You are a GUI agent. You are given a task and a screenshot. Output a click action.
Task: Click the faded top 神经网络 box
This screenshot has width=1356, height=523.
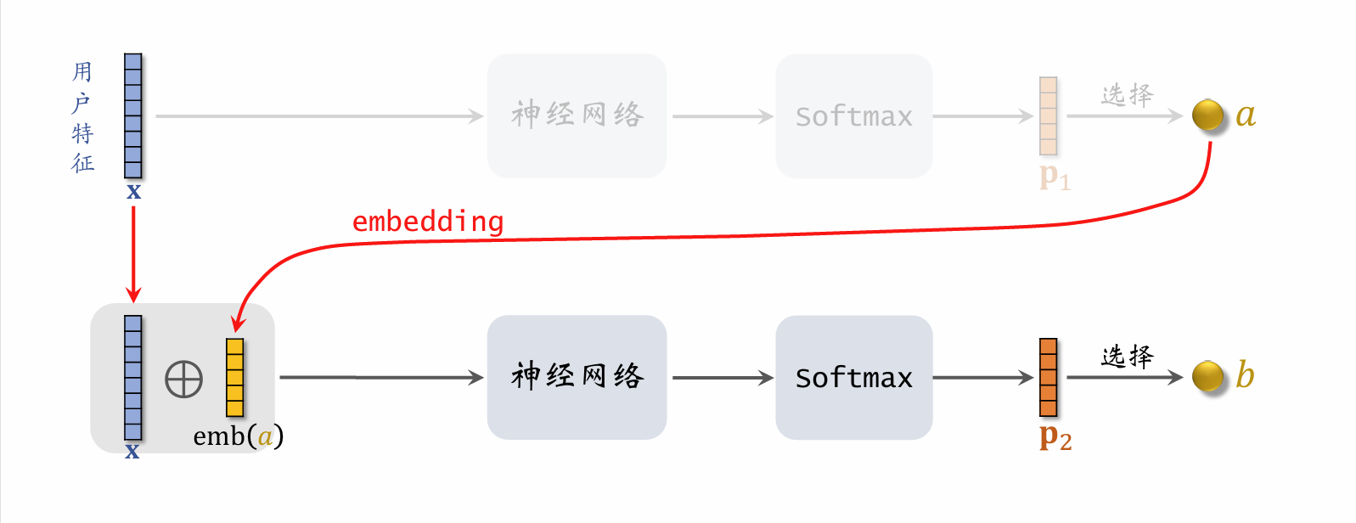(x=577, y=115)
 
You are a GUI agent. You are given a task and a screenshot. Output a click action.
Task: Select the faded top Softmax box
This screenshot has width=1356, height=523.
(x=853, y=115)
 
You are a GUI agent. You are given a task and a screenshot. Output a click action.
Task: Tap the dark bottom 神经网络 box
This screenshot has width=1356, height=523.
(x=577, y=377)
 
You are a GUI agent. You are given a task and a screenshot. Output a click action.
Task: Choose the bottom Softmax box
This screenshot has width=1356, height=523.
(x=853, y=377)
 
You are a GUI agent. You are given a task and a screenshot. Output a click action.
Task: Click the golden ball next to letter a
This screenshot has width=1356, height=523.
(x=1207, y=115)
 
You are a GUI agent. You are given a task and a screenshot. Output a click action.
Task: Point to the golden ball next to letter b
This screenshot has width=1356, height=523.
(x=1207, y=376)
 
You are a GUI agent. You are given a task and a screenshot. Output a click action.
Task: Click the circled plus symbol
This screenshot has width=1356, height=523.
(x=183, y=380)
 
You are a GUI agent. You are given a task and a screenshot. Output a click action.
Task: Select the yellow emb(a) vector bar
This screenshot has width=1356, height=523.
(x=234, y=377)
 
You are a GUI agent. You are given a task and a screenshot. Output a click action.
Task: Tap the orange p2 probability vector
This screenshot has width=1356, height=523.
(x=1048, y=377)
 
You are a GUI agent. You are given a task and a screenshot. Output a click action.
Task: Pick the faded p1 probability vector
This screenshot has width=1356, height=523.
(x=1048, y=115)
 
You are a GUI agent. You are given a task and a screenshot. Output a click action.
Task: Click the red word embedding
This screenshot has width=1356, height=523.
(x=428, y=222)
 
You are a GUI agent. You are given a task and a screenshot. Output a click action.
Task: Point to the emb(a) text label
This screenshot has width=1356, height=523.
(x=238, y=436)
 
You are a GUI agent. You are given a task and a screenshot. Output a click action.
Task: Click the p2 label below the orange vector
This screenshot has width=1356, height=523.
(x=1055, y=438)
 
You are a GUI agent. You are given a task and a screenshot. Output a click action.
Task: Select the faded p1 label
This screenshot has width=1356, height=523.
(x=1055, y=177)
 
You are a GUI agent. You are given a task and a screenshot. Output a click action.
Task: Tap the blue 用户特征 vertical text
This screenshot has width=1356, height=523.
(x=82, y=116)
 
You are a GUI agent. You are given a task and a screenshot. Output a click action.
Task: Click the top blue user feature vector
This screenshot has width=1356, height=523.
(x=133, y=115)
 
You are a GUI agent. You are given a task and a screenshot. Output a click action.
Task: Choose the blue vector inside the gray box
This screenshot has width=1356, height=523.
(x=133, y=377)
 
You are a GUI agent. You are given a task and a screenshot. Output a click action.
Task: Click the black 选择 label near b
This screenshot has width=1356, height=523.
(x=1127, y=357)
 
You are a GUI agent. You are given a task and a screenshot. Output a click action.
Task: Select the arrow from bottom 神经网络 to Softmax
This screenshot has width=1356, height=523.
(x=721, y=377)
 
